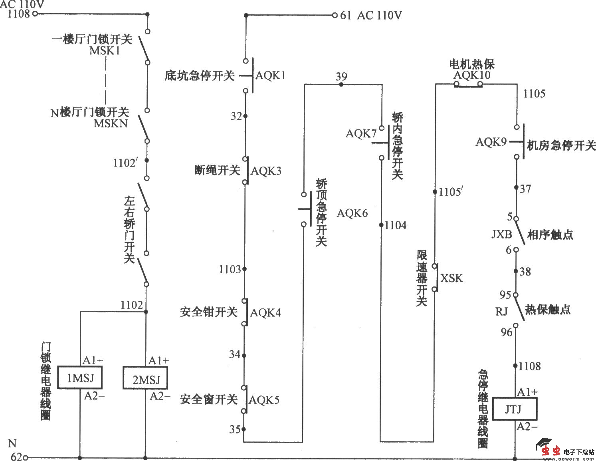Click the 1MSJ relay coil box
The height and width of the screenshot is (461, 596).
pyautogui.click(x=80, y=378)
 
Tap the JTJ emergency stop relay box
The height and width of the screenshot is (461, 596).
pyautogui.click(x=514, y=409)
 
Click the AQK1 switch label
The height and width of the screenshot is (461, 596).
pyautogui.click(x=270, y=76)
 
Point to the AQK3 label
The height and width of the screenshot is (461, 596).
pyautogui.click(x=266, y=171)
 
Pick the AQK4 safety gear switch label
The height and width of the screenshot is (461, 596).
pyautogui.click(x=265, y=312)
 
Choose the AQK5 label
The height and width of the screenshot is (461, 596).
pyautogui.click(x=264, y=399)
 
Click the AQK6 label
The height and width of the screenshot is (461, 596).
pyautogui.click(x=352, y=213)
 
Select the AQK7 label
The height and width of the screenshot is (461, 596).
pyautogui.click(x=361, y=133)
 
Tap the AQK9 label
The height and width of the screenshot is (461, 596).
pyautogui.click(x=491, y=142)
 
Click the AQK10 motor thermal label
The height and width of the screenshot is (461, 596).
pyautogui.click(x=472, y=75)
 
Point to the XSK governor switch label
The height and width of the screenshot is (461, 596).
pyautogui.click(x=451, y=278)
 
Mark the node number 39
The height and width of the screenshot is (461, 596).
pyautogui.click(x=341, y=76)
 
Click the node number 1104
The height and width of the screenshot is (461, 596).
pyautogui.click(x=395, y=225)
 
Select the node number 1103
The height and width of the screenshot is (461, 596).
pyautogui.click(x=230, y=270)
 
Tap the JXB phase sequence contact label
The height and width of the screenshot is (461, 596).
pyautogui.click(x=501, y=234)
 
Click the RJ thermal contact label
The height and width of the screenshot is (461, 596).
pyautogui.click(x=501, y=311)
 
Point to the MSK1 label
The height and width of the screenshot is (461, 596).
pyautogui.click(x=105, y=51)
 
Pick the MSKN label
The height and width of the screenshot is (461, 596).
pyautogui.click(x=111, y=123)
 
